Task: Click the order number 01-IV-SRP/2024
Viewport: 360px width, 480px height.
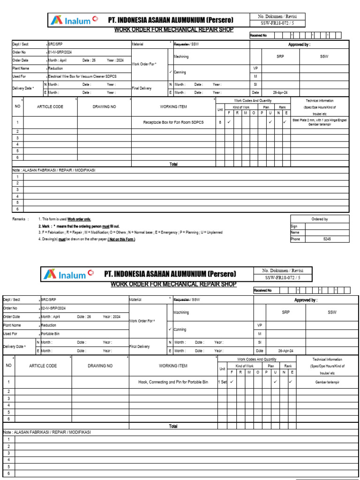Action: [60, 52]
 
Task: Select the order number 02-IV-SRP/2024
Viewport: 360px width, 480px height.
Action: [53, 308]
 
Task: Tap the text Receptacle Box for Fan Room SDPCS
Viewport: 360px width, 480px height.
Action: [173, 122]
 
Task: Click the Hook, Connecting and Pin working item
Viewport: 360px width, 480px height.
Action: [173, 382]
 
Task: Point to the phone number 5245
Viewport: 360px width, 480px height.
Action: [327, 239]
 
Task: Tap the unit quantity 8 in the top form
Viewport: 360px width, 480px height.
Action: [220, 122]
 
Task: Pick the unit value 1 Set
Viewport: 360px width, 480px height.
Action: [222, 382]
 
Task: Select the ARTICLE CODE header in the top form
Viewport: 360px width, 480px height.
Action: [50, 107]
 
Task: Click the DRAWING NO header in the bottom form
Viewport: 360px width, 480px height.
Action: [100, 366]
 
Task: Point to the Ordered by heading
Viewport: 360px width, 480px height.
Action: [320, 219]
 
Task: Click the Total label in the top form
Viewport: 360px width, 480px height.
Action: [173, 164]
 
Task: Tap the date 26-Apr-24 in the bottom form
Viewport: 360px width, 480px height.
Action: [285, 351]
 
